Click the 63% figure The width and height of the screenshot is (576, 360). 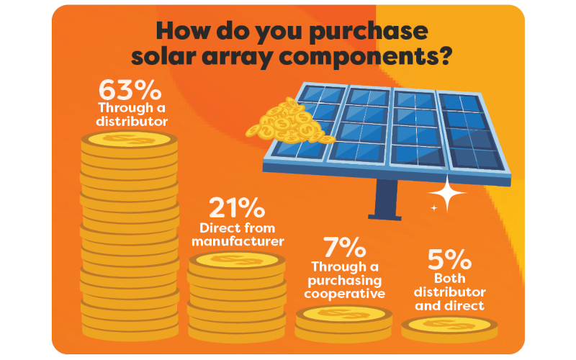[x=130, y=90]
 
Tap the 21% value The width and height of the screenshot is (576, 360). [x=237, y=208]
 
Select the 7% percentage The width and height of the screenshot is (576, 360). [x=345, y=247]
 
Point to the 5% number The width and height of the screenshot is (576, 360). [x=449, y=259]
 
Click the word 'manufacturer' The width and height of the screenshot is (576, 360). [x=238, y=241]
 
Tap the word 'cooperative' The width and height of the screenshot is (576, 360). [x=345, y=294]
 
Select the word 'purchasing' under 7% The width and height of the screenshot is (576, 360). [x=345, y=281]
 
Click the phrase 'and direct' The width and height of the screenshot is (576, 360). [x=449, y=305]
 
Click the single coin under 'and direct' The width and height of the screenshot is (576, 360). [x=449, y=328]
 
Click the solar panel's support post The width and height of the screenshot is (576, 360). [x=386, y=199]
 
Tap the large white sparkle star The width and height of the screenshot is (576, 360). [x=447, y=193]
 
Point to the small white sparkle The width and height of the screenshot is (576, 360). [x=434, y=208]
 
